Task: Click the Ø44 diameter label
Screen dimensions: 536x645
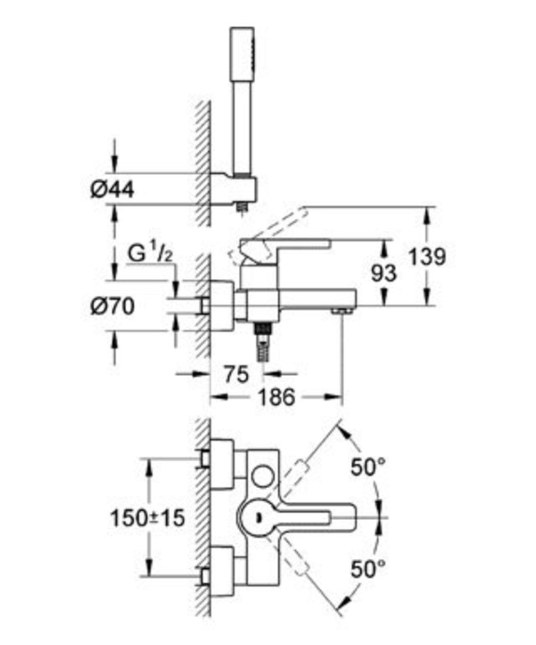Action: [x=112, y=190]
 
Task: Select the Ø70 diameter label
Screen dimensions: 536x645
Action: [x=112, y=306]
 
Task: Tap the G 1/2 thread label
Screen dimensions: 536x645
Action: [x=149, y=253]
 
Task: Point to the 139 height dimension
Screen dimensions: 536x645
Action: [x=427, y=257]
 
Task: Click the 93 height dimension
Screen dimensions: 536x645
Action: [x=384, y=273]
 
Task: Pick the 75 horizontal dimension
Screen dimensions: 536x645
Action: [x=236, y=374]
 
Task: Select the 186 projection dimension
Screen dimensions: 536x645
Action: [x=276, y=397]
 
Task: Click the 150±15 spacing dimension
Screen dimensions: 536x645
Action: [x=147, y=518]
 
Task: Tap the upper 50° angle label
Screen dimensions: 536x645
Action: [x=368, y=467]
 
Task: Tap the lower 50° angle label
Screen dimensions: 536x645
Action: [x=368, y=570]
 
